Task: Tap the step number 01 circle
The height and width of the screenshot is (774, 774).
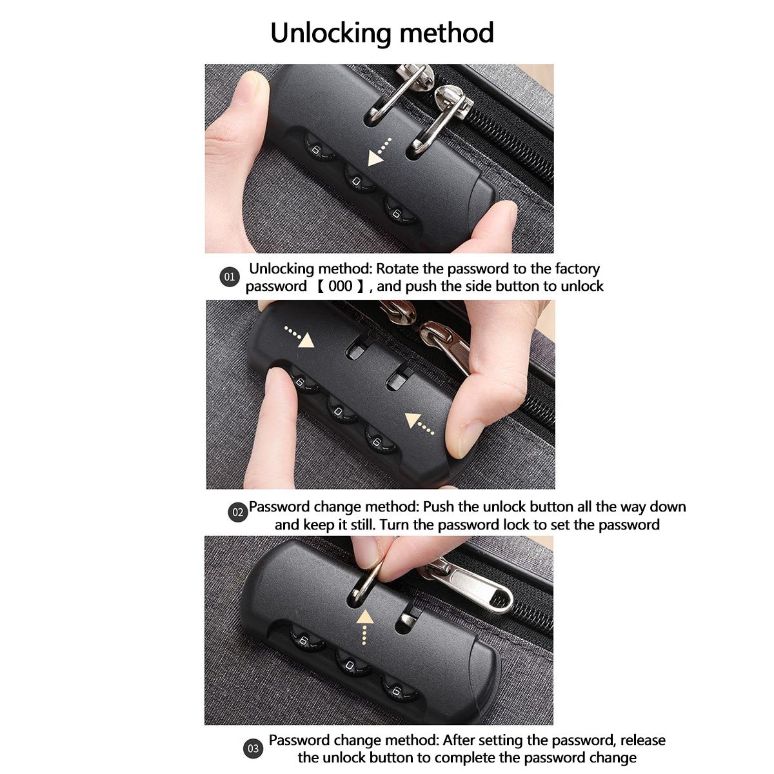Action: pos(230,277)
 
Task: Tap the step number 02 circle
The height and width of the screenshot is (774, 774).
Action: pos(239,513)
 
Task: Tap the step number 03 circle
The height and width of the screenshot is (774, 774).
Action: pos(253,749)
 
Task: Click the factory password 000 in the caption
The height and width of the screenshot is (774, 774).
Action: pos(341,286)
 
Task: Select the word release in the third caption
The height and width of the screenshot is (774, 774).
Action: pos(642,740)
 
